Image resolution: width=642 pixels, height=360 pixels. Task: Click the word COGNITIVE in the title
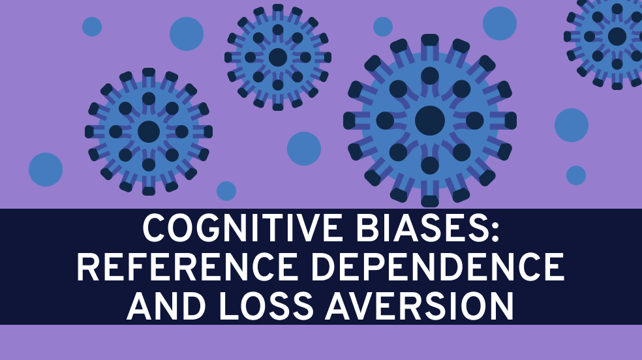(x=243, y=228)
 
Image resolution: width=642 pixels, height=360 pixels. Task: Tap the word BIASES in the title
(x=421, y=228)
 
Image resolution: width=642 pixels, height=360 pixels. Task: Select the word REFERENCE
(x=187, y=267)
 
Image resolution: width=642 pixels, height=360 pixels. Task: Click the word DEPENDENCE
(x=438, y=267)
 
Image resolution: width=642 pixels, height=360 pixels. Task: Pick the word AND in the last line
(x=166, y=306)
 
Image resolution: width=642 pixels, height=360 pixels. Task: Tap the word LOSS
(x=266, y=306)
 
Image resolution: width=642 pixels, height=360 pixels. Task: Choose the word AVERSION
(x=420, y=306)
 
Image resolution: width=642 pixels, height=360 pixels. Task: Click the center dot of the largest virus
(x=430, y=121)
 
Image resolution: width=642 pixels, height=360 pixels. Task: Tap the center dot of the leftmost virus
(x=149, y=132)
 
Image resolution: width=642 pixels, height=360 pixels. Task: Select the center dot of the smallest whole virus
(x=277, y=57)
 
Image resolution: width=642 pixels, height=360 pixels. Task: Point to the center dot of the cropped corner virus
(x=617, y=37)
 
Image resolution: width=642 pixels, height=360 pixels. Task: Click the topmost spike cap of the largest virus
(x=430, y=40)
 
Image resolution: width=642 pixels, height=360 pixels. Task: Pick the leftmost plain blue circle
(x=46, y=170)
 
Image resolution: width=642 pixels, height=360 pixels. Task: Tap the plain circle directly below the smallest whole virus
(x=304, y=149)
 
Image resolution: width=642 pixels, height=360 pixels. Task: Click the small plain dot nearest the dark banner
(x=226, y=191)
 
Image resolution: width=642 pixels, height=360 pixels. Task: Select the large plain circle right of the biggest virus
(x=572, y=125)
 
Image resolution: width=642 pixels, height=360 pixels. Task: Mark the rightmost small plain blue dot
(x=576, y=175)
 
